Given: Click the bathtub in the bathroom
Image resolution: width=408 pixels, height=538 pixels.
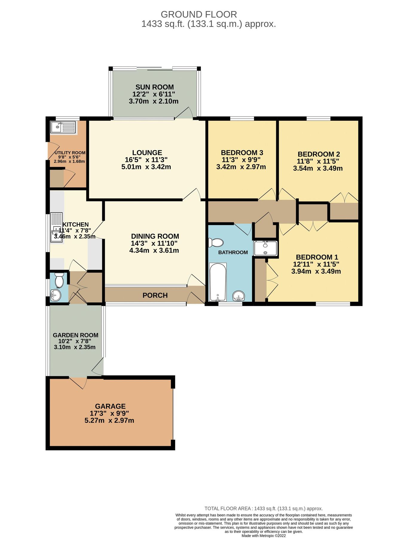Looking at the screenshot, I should tap(218, 282).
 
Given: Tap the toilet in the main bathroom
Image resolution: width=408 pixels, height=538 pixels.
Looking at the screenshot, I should tap(216, 242).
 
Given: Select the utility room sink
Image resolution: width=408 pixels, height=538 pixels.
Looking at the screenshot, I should tap(63, 127).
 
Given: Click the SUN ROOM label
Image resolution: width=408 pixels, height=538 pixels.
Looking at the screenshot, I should tap(155, 87).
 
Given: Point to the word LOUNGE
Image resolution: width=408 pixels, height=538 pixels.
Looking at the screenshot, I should tap(147, 153).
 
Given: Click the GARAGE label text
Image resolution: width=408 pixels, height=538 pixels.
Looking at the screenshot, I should tap(110, 406).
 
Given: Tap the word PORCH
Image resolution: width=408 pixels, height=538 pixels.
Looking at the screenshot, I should tap(155, 295).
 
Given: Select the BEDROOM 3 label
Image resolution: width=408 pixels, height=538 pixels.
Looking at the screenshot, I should tap(242, 153).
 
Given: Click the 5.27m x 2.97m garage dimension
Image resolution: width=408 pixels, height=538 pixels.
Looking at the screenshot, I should tap(109, 421).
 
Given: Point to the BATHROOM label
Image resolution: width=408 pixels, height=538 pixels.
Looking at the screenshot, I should tap(233, 253).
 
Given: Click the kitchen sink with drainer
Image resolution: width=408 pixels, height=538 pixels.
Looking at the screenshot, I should tap(56, 227).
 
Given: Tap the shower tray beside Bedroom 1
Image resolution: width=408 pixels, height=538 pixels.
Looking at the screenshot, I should tap(265, 248).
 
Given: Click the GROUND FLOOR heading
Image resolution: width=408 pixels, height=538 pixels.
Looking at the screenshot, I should tap(199, 14).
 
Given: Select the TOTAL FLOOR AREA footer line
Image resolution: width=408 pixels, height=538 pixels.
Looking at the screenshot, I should tap(263, 508).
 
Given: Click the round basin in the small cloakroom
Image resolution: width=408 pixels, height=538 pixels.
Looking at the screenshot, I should tap(56, 296).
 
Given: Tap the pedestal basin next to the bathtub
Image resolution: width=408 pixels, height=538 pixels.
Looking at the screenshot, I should tap(239, 296).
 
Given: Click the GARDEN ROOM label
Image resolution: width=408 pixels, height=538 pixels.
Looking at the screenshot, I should tap(76, 335).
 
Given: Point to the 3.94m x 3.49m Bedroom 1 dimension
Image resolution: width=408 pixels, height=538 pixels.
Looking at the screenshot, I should tap(316, 271).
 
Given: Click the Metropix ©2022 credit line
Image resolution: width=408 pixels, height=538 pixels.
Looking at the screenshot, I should tap(263, 536).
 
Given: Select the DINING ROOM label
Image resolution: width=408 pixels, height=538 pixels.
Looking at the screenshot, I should tap(155, 236).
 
